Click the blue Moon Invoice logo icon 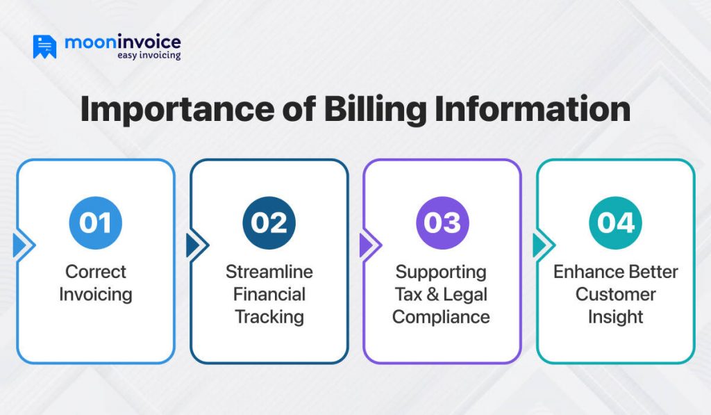click(x=44, y=46)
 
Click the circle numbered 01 click(x=95, y=223)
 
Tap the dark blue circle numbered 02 click(x=269, y=223)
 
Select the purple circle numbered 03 click(x=442, y=223)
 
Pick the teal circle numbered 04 click(x=615, y=223)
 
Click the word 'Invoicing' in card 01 click(x=96, y=294)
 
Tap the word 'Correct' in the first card click(x=96, y=271)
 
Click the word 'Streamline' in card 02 click(x=269, y=271)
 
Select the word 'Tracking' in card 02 click(x=269, y=317)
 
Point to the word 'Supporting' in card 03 click(x=442, y=271)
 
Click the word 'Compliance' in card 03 click(x=442, y=317)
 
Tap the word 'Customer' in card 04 click(x=616, y=294)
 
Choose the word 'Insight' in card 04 click(x=616, y=317)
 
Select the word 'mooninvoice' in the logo click(x=123, y=41)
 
